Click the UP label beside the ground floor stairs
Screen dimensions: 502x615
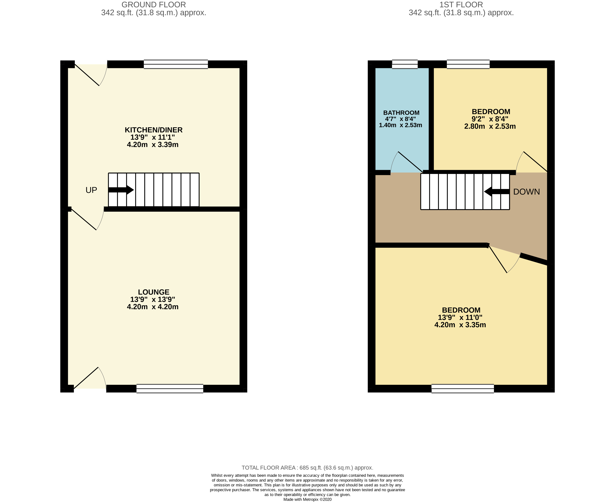tap(91, 190)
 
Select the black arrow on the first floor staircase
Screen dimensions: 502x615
tap(497, 191)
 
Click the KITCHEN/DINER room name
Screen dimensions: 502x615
tap(154, 130)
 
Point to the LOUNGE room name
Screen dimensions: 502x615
tap(154, 292)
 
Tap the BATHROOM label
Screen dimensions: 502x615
tap(401, 113)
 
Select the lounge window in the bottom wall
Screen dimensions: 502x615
tap(170, 388)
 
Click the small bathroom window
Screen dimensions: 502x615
tap(405, 64)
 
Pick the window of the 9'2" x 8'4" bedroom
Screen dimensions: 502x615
tap(468, 64)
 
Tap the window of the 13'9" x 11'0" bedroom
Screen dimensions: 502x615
tap(463, 388)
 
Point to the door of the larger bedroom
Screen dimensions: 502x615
tap(504, 259)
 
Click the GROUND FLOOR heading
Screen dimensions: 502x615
tap(154, 5)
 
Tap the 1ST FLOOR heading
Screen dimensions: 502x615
tap(461, 5)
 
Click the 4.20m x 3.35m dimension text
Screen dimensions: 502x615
tap(460, 325)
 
